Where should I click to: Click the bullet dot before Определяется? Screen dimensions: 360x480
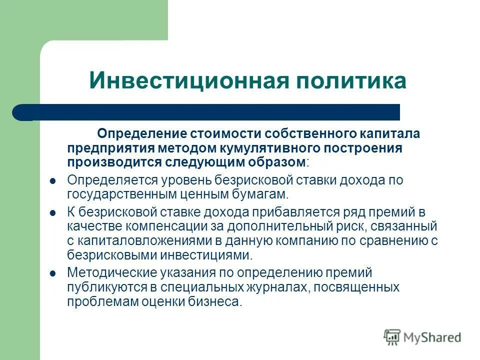(x=53, y=180)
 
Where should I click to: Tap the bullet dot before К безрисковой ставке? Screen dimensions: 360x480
(x=53, y=213)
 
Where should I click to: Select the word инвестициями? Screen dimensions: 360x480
(x=205, y=255)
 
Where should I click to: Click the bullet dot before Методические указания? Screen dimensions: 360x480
(x=53, y=273)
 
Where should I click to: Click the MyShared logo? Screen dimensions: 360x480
(x=422, y=337)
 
